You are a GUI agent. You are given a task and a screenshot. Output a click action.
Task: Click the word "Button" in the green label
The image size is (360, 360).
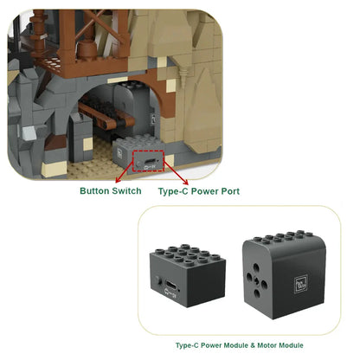(x=94, y=191)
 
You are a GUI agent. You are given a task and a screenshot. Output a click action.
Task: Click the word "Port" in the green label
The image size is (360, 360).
(x=229, y=191)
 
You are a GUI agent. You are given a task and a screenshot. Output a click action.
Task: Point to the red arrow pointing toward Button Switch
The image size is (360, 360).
(x=125, y=172)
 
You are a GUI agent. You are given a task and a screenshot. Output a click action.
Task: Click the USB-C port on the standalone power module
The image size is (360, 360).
(x=170, y=285)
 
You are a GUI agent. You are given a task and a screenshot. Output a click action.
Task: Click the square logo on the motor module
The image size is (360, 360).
(x=301, y=285)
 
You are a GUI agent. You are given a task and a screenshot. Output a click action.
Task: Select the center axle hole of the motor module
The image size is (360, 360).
(x=256, y=279)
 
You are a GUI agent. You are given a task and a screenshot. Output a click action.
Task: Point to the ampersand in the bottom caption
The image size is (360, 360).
(x=253, y=345)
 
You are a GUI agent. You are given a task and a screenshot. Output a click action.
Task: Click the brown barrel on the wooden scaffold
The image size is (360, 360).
(x=86, y=48)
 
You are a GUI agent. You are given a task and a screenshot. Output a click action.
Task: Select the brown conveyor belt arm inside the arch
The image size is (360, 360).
(x=106, y=115)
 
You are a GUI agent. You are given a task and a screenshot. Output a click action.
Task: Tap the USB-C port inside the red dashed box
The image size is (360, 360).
(x=151, y=162)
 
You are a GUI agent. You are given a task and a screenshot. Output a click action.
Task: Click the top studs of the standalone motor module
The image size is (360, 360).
(x=283, y=236)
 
